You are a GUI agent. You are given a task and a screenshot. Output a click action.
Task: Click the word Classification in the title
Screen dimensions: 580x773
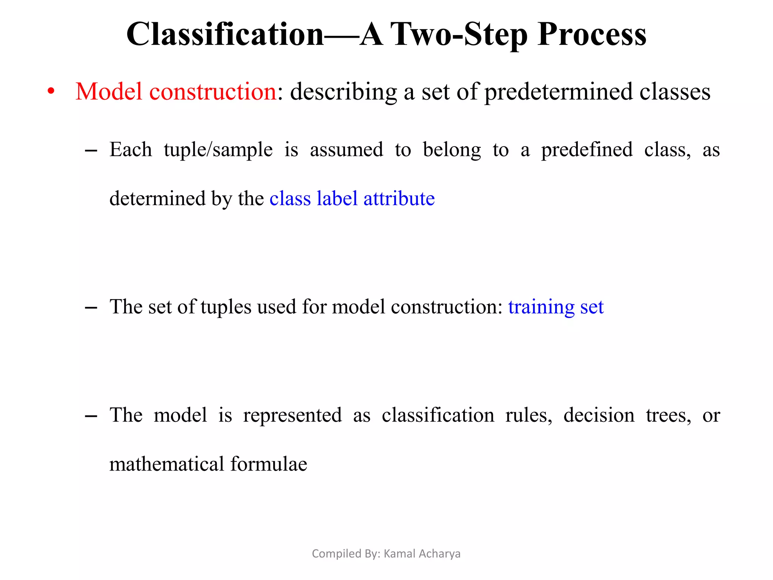(225, 35)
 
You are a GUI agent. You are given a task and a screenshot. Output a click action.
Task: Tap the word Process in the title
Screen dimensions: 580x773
(592, 35)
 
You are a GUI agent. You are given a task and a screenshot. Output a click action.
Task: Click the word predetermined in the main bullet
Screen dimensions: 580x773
(558, 92)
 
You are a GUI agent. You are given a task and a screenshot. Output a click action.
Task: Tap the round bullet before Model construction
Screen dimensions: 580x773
(51, 92)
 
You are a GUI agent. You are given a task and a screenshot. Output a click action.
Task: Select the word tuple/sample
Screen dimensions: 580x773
(218, 150)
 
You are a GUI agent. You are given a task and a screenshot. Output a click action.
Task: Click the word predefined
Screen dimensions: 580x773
(587, 150)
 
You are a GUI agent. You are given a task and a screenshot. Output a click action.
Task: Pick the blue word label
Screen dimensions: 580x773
(337, 199)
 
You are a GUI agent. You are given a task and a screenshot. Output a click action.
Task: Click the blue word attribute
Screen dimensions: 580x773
(399, 199)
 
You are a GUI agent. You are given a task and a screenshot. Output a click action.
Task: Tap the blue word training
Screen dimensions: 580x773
(541, 307)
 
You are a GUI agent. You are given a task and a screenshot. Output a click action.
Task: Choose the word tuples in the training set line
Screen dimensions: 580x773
(226, 307)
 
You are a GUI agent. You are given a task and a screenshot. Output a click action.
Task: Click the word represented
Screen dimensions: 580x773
(293, 415)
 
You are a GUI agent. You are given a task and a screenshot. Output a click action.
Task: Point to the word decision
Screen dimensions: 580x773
(599, 415)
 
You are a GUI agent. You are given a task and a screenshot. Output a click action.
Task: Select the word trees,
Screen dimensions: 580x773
(668, 415)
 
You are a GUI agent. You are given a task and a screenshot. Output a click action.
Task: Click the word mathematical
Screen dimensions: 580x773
(166, 464)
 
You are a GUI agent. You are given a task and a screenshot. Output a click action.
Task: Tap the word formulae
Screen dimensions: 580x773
(269, 464)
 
